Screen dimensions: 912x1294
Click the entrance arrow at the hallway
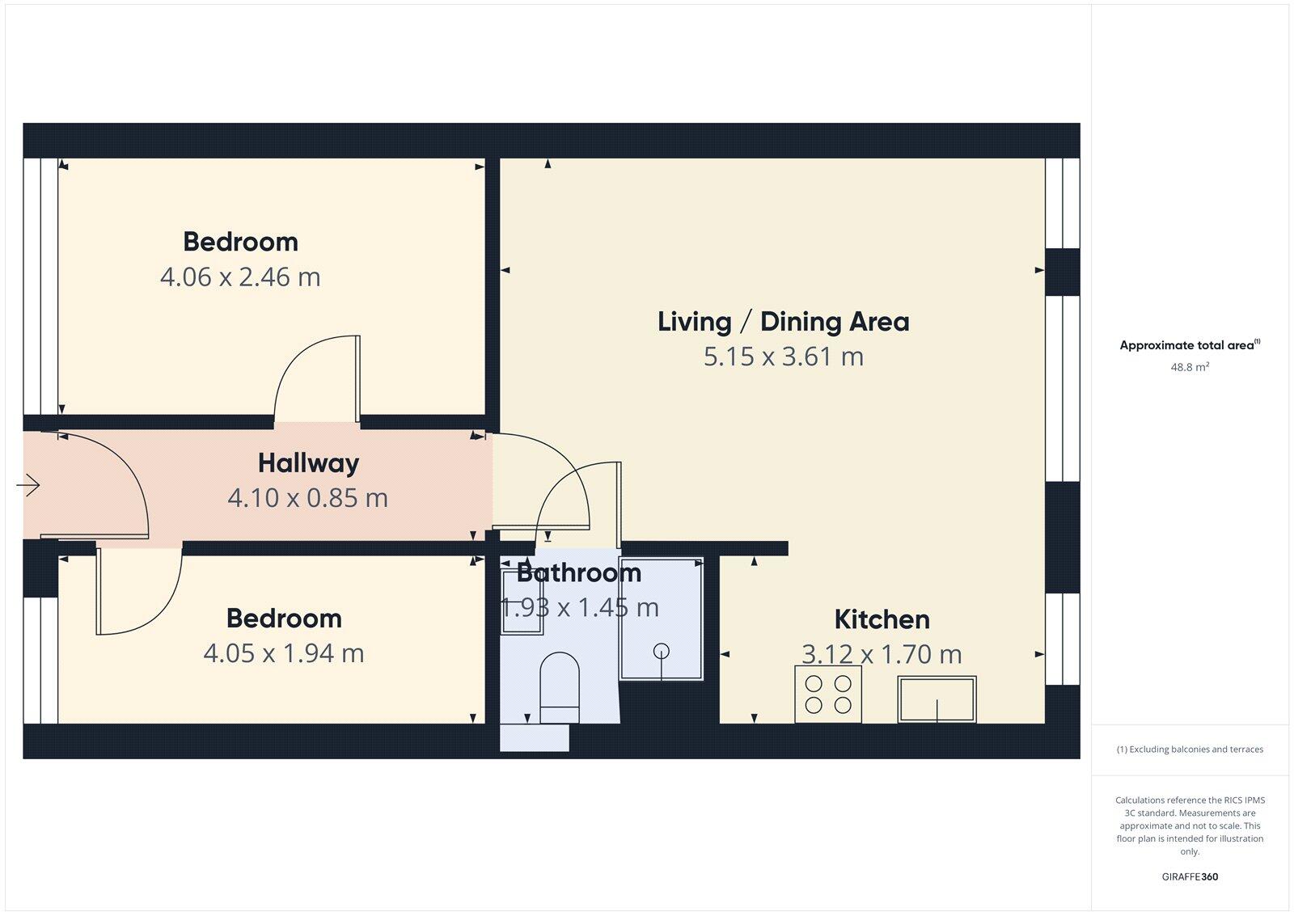coord(28,485)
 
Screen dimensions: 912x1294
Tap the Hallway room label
coord(308,463)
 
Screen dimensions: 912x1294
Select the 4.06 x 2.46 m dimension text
coord(240,277)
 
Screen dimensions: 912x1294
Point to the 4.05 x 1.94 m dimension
coord(283,653)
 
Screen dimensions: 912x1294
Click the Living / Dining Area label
coord(783,322)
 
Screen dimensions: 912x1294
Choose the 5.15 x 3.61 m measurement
coord(783,357)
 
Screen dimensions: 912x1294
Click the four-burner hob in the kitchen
coord(827,694)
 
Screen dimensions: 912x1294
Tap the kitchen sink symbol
coord(937,699)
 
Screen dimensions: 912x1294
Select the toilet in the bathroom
coord(560,687)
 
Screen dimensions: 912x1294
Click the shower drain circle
coord(662,650)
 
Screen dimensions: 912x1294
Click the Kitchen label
coord(882,620)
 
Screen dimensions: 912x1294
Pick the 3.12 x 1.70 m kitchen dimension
coord(882,654)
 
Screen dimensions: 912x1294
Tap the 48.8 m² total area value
coord(1190,367)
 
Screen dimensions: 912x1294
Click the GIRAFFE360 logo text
coord(1190,876)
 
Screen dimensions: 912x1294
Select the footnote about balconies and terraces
coord(1190,749)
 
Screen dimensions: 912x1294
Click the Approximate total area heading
coord(1188,345)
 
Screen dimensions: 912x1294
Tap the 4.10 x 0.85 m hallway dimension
coord(308,498)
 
